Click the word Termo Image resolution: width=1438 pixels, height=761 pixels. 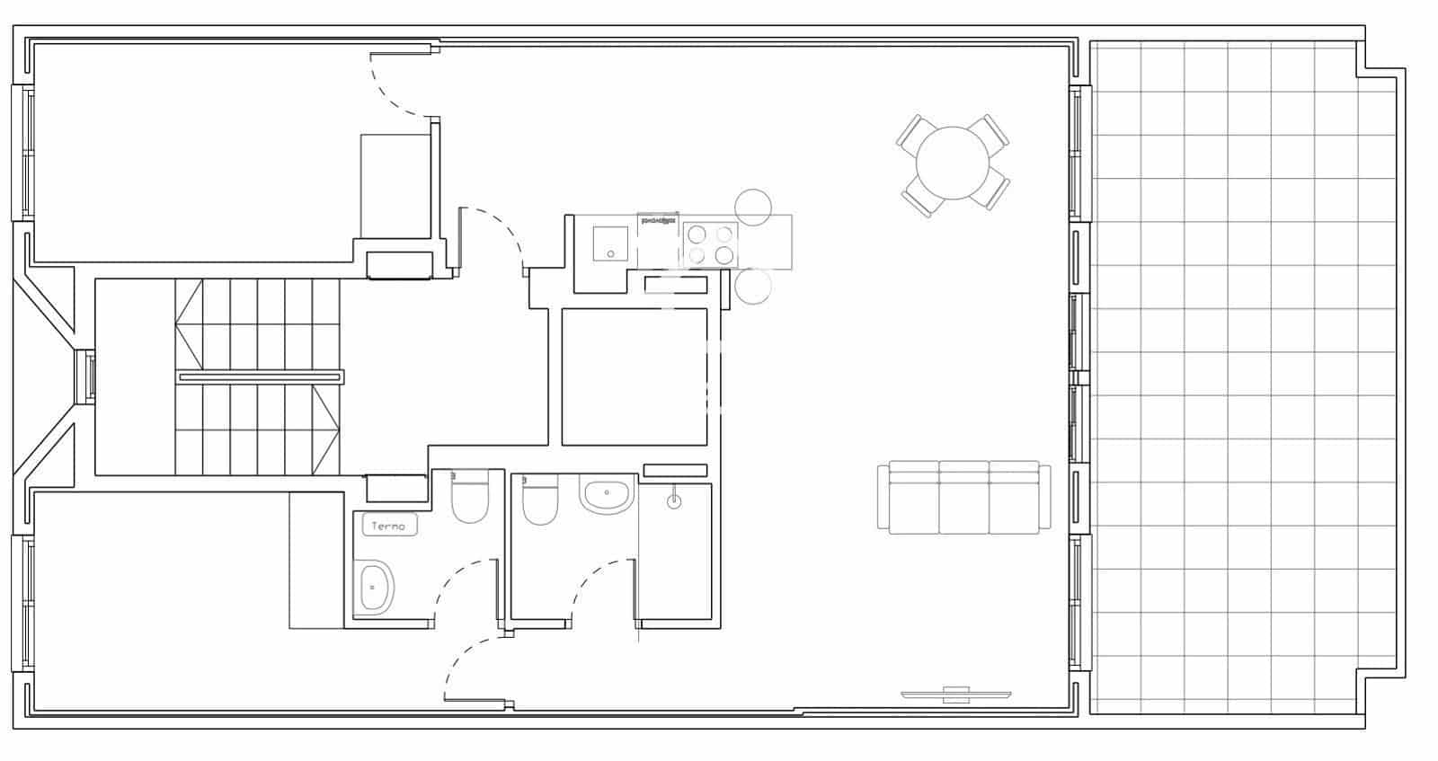pyautogui.click(x=389, y=527)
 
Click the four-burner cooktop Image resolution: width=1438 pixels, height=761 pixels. pyautogui.click(x=709, y=243)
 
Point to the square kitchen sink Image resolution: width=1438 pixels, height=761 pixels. pyautogui.click(x=609, y=243)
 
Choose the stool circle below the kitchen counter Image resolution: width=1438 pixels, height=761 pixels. pyautogui.click(x=753, y=286)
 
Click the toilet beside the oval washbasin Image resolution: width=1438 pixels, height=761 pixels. pyautogui.click(x=539, y=504)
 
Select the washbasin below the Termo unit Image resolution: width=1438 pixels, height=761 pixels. pyautogui.click(x=374, y=588)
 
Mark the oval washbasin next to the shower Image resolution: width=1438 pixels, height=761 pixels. pyautogui.click(x=608, y=495)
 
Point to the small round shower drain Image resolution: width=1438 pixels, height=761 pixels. pyautogui.click(x=674, y=502)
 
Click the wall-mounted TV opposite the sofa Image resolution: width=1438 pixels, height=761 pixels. pyautogui.click(x=955, y=694)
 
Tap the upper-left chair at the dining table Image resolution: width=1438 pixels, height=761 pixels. pyautogui.click(x=914, y=131)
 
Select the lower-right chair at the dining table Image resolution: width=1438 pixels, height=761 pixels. pyautogui.click(x=994, y=190)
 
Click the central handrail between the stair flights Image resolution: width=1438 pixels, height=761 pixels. pyautogui.click(x=260, y=377)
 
